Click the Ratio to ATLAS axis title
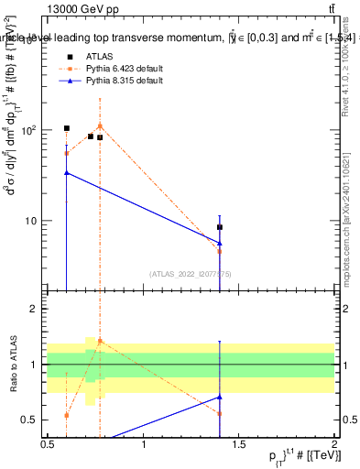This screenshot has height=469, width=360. pos(12,364)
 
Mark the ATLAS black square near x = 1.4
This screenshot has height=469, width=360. pos(220,227)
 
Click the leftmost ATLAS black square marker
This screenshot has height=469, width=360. pos(67,128)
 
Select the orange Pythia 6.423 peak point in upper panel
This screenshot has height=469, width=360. pos(100,125)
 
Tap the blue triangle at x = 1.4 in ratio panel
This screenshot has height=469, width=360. pos(220,397)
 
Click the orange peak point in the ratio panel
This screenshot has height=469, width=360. pos(100,341)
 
